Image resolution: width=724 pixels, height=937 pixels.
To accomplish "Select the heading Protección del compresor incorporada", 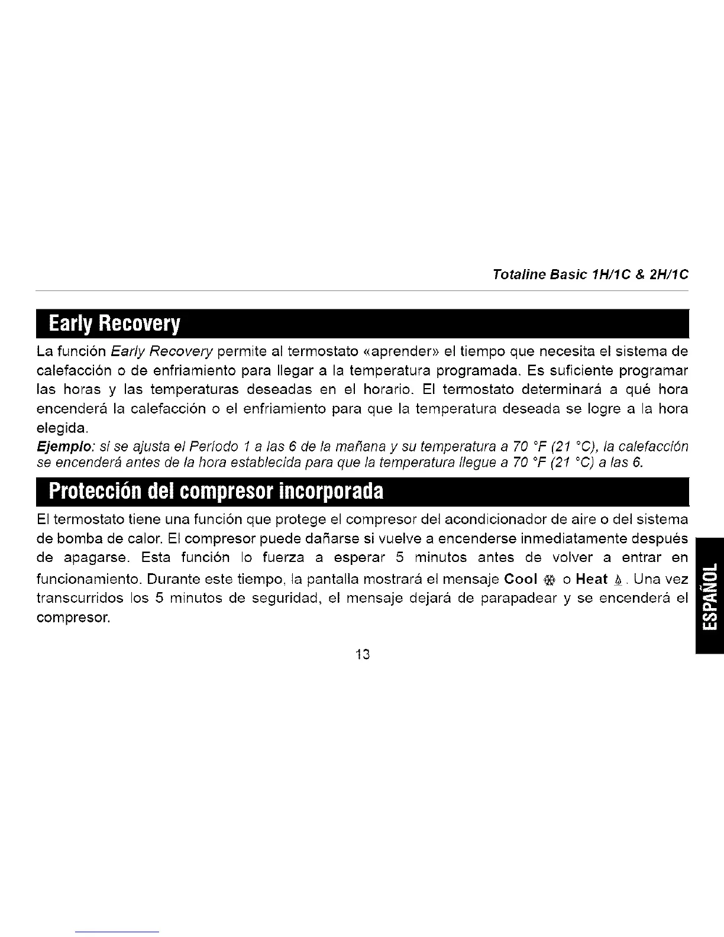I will (x=216, y=490).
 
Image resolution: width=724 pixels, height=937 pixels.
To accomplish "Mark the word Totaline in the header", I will (x=513, y=275).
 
